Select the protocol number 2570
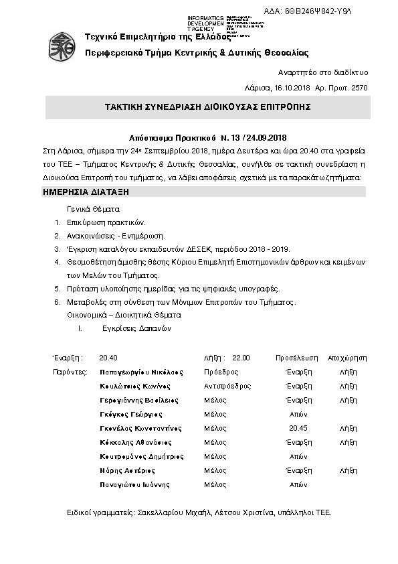(359, 88)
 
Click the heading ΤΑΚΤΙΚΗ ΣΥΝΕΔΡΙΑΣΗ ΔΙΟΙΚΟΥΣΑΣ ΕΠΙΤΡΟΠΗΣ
(207, 107)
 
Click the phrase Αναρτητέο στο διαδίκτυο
(322, 72)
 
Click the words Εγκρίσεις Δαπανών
(137, 328)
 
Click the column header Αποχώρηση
(348, 358)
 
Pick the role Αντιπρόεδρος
(227, 386)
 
